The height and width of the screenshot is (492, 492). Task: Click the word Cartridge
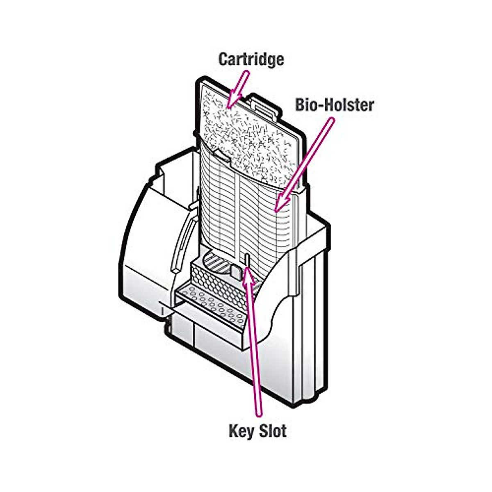[x=251, y=59]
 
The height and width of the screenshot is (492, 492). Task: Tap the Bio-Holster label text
[x=335, y=105]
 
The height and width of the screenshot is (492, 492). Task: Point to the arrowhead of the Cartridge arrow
[x=233, y=100]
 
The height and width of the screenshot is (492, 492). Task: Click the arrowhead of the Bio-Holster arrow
[x=280, y=203]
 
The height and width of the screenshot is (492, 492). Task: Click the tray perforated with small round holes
[x=210, y=307]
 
